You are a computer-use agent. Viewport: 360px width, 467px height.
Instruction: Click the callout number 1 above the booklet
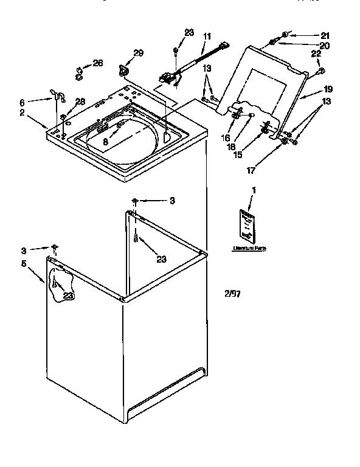pos(254,190)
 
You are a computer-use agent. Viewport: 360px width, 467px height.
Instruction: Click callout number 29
pos(138,54)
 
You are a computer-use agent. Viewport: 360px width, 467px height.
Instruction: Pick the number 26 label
pos(97,63)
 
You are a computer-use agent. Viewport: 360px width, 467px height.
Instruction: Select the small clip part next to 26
pos(79,73)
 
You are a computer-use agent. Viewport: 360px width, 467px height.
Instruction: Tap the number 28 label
pos(80,101)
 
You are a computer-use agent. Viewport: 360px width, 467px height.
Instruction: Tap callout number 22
pos(316,55)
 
